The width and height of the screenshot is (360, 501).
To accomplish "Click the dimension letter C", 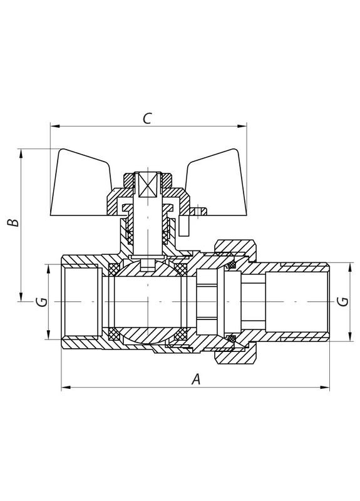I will click(147, 118).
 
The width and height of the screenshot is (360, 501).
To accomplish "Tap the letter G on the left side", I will click(40, 302).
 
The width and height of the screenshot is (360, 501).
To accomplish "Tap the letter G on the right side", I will click(342, 302).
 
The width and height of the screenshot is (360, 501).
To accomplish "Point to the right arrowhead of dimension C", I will click(244, 127).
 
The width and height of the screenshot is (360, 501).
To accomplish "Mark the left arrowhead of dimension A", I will click(64, 388).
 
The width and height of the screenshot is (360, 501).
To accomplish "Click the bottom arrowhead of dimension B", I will click(22, 297).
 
